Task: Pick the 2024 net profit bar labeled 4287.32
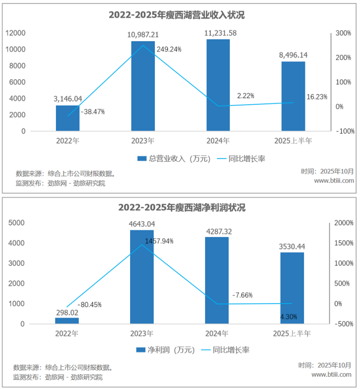point(217,280)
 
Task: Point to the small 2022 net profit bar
point(67,321)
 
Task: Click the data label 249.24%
point(169,49)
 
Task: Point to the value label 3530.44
point(292,246)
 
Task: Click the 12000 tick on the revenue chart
point(16,33)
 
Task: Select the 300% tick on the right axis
point(343,33)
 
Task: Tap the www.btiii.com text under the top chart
point(334,181)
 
